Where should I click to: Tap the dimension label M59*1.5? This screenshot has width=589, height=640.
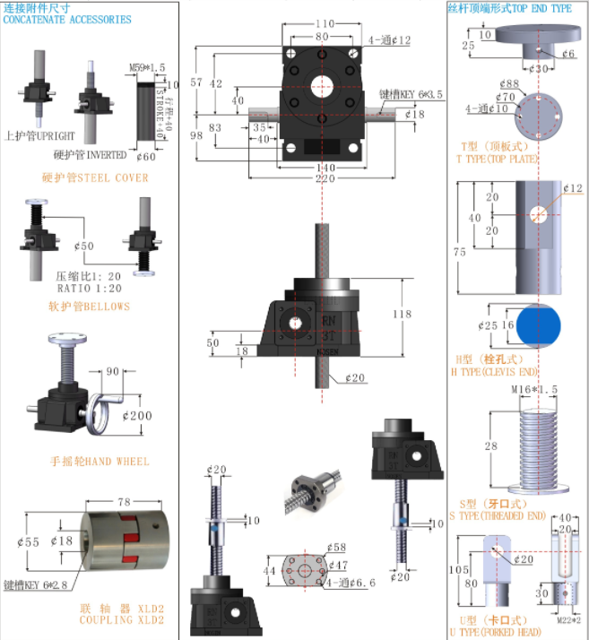(147, 67)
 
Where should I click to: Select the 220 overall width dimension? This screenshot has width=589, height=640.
(324, 178)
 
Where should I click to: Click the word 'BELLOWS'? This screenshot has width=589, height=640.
(108, 307)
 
